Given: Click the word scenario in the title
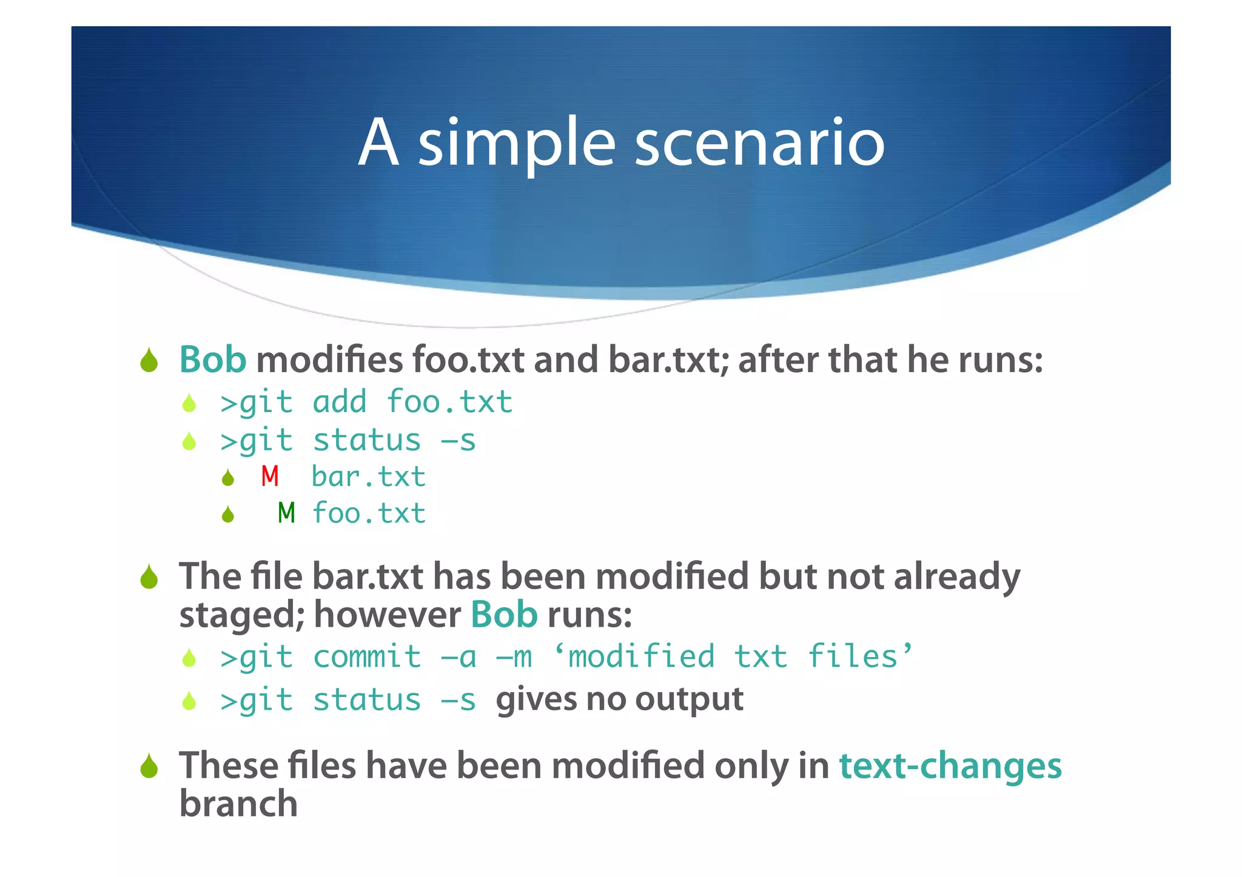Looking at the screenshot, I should [759, 144].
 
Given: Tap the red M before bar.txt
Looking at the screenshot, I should [270, 477].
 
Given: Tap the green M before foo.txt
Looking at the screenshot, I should [286, 513].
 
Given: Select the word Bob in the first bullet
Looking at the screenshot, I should [212, 359].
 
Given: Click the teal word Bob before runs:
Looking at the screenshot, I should [504, 615].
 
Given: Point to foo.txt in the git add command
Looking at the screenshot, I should [449, 402].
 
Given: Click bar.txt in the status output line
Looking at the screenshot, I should [368, 477].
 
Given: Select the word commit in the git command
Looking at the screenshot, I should [367, 658].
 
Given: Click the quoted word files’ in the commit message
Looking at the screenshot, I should [859, 657].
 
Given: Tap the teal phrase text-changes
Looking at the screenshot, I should [950, 765].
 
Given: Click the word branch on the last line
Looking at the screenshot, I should [238, 804].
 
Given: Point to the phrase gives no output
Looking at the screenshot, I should [619, 699].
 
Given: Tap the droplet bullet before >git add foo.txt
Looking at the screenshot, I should [189, 403].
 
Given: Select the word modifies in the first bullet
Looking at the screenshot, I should [329, 359].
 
